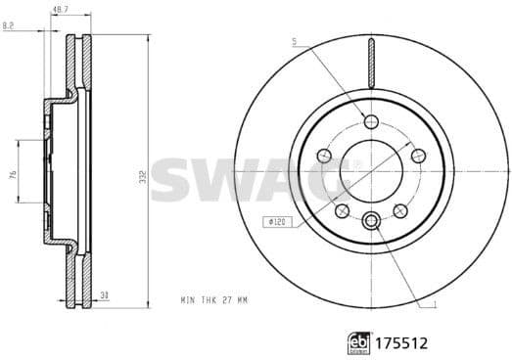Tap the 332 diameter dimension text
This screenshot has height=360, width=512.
click(x=144, y=176)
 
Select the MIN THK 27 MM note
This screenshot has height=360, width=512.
click(x=212, y=298)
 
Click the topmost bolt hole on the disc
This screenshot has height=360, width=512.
click(x=370, y=121)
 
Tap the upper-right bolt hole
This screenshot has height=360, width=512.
click(x=418, y=157)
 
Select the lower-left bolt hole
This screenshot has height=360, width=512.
click(x=341, y=211)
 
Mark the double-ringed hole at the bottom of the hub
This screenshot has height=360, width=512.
click(x=370, y=221)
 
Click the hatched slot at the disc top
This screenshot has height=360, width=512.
click(x=370, y=64)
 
